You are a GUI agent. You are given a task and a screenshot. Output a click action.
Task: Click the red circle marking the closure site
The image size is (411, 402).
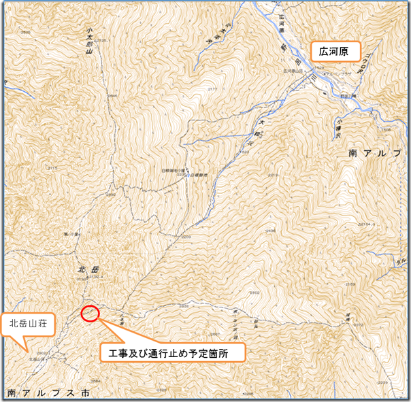(90, 314)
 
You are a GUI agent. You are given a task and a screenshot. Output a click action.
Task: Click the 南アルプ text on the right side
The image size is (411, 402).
(374, 153)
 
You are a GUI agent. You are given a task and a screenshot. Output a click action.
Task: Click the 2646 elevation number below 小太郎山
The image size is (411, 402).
(112, 97)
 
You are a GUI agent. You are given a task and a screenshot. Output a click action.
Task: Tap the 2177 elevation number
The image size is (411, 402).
(212, 89)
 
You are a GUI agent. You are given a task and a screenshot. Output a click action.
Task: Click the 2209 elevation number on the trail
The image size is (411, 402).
(185, 237)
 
